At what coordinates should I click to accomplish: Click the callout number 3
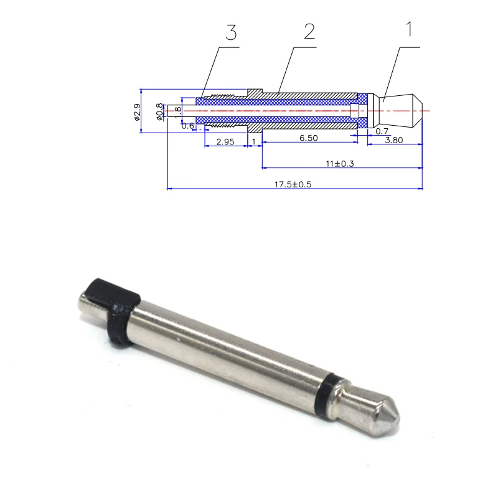pos(231,33)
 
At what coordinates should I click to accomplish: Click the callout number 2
pos(309,32)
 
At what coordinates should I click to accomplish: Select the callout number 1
pos(409,29)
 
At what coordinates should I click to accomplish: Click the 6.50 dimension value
pos(309,138)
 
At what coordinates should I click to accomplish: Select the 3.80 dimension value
pos(393,140)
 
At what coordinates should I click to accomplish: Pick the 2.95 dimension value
pos(225,142)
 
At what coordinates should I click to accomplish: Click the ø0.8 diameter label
pos(159,111)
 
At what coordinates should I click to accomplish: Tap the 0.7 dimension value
pos(382,131)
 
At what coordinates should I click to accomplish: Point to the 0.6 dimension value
pos(187,126)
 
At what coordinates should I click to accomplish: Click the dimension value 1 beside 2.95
pos(254,142)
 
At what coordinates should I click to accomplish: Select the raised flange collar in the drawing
pos(255,93)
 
